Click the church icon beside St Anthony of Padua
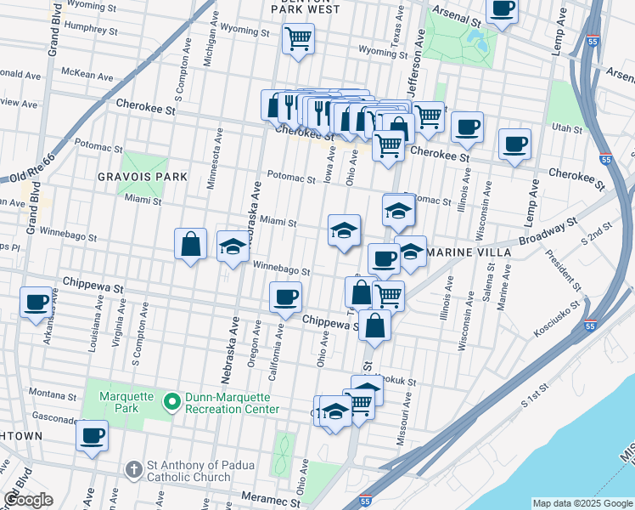click(134, 469)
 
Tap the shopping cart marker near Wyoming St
click(298, 38)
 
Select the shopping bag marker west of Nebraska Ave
click(191, 244)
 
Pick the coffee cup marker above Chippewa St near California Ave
click(285, 297)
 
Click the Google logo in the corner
click(28, 500)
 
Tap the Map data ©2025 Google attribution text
click(582, 503)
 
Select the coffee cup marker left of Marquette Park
click(92, 436)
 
